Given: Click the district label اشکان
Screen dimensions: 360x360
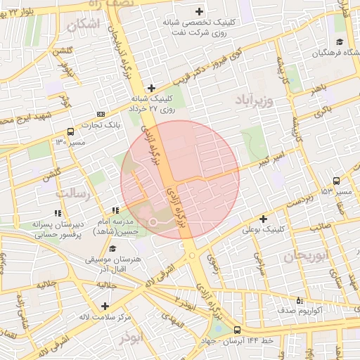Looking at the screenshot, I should tap(84, 25).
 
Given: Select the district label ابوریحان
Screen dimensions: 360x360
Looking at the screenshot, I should tap(307, 257).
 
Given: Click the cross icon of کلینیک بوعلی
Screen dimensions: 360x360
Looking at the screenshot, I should tap(264, 219).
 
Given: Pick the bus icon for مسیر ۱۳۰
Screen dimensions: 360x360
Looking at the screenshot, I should tap(70, 131).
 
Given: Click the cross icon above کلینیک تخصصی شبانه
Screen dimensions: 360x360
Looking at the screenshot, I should tap(200, 11).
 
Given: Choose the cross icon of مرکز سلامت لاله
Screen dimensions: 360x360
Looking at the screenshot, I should tap(105, 306).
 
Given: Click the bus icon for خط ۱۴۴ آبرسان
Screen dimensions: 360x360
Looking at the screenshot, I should tap(237, 329).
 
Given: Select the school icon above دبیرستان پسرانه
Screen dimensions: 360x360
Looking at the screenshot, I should tap(57, 213).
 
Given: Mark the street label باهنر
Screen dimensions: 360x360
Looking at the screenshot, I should tap(321, 91).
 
